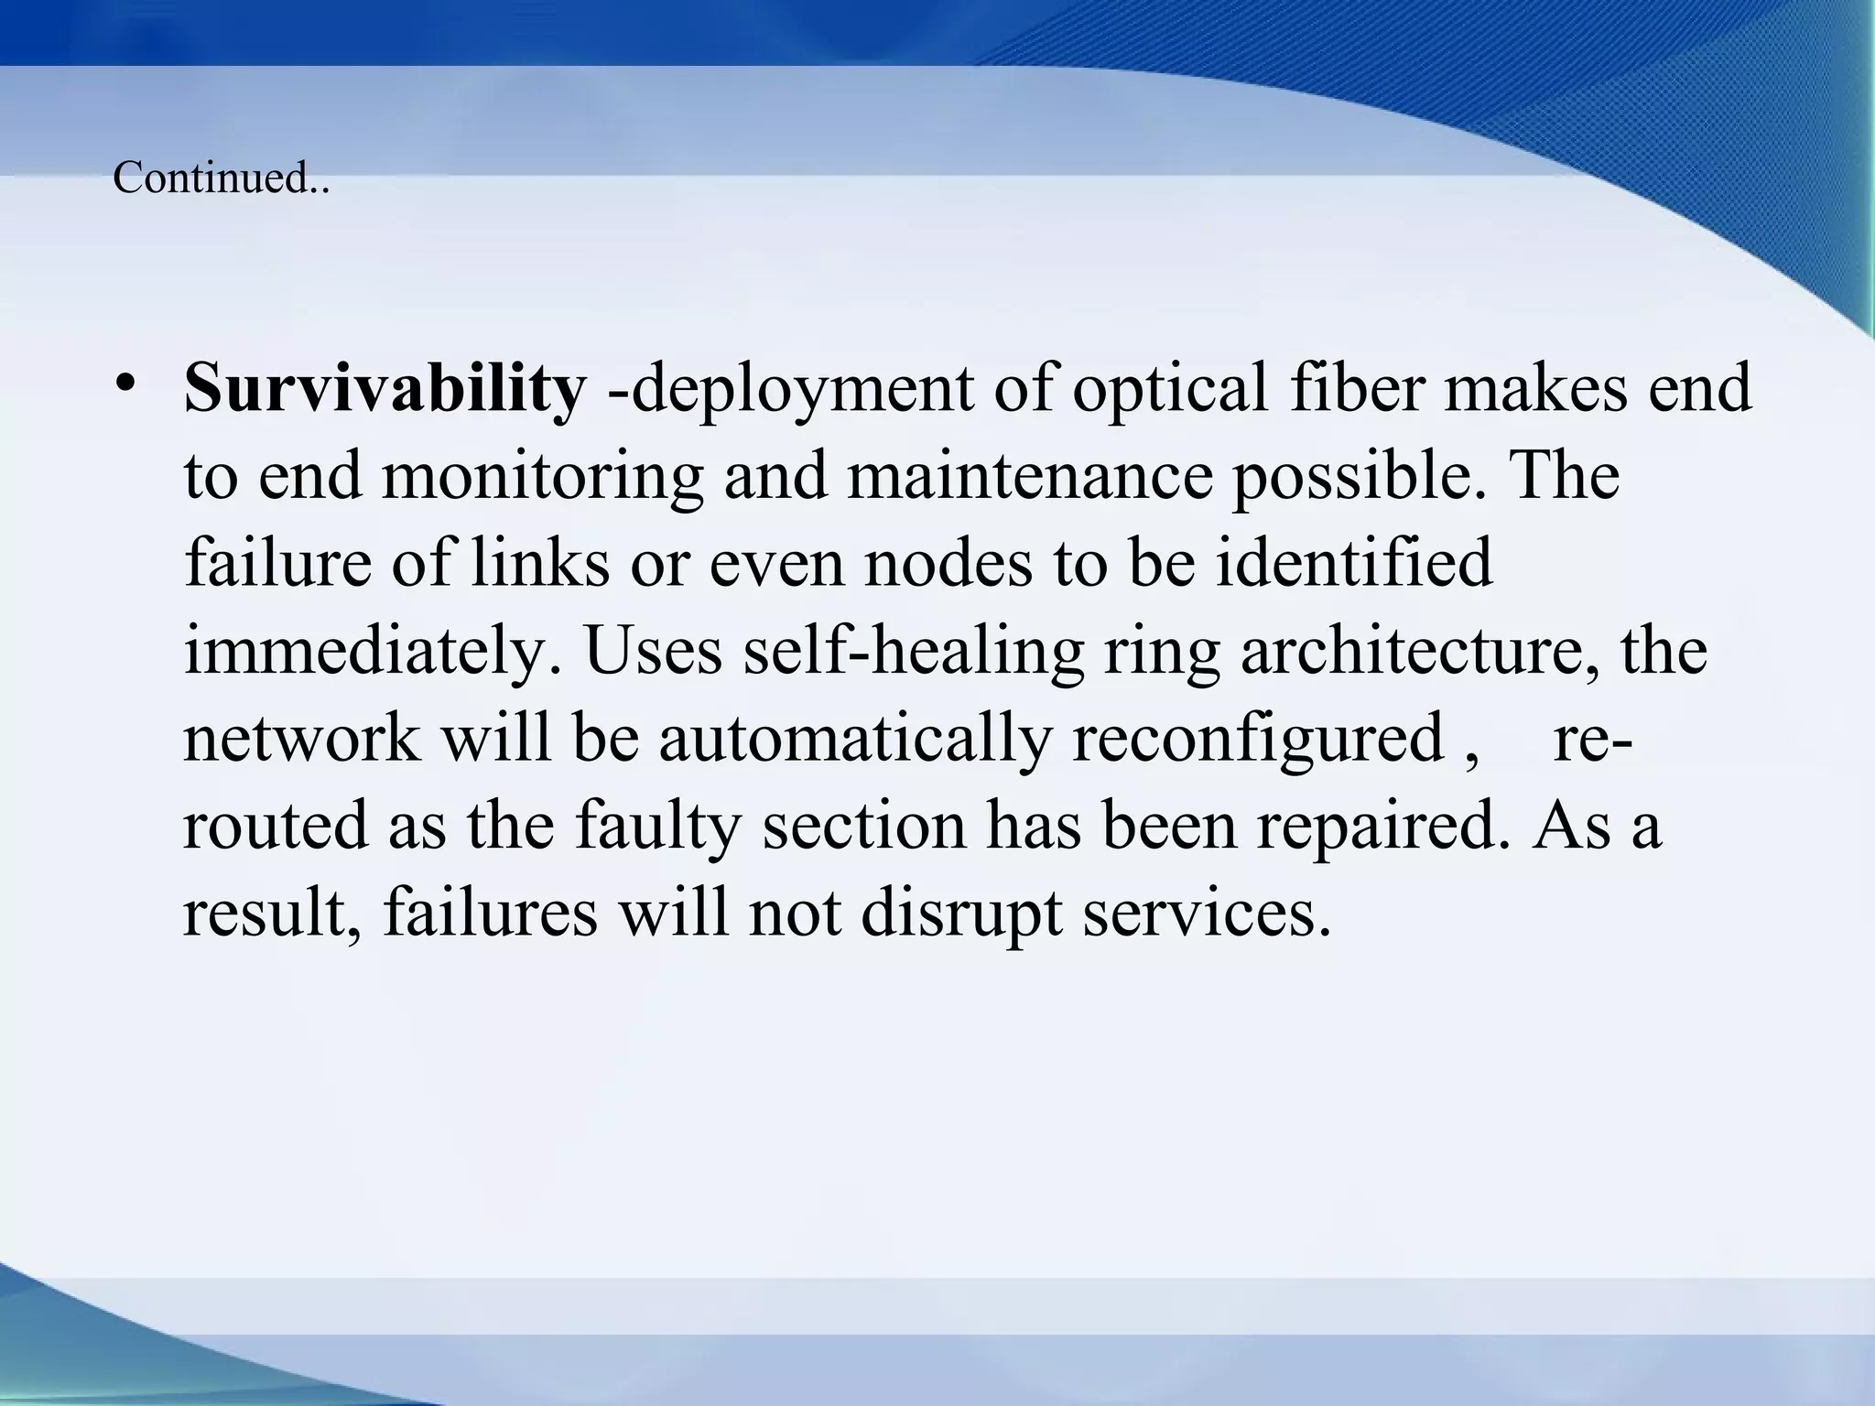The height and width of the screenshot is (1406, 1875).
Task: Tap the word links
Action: [539, 562]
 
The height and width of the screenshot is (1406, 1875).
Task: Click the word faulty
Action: [656, 827]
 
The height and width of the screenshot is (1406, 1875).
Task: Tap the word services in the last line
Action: [1206, 914]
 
